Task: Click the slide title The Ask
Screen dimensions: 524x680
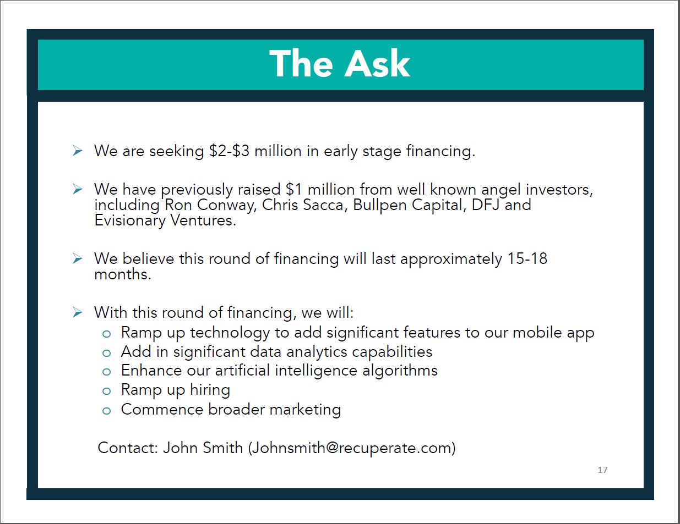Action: (340, 64)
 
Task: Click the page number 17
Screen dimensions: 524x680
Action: (602, 470)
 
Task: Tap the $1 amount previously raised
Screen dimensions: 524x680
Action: (294, 190)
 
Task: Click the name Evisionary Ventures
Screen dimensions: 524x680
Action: (165, 220)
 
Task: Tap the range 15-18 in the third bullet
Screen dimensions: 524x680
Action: (527, 259)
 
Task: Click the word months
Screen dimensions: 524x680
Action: (122, 274)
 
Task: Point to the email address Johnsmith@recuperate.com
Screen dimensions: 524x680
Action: (352, 448)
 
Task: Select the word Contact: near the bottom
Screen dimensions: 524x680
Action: (128, 448)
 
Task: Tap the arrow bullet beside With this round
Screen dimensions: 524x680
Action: (78, 313)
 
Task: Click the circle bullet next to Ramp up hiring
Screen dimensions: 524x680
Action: (107, 391)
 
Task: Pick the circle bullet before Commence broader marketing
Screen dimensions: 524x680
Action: (107, 411)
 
